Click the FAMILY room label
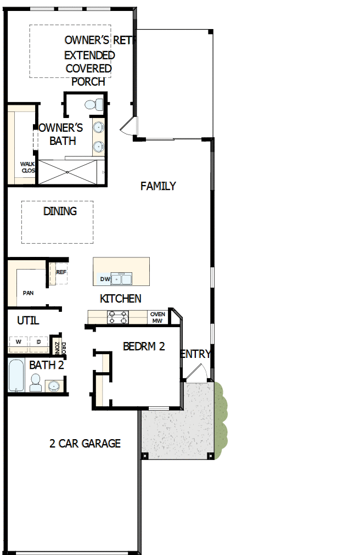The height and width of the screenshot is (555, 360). [x=158, y=186]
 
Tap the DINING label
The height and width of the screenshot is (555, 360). [x=60, y=211]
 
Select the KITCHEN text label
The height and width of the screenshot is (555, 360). [x=121, y=299]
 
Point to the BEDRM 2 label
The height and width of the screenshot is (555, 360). [x=144, y=346]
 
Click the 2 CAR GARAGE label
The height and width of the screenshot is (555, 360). [x=85, y=444]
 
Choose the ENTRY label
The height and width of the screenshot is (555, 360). [x=195, y=354]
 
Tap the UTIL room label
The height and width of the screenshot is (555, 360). [x=28, y=321]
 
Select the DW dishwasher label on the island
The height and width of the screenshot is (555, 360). [x=104, y=279]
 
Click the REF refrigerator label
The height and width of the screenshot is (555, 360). [x=61, y=272]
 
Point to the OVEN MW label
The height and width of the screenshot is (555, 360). [x=157, y=317]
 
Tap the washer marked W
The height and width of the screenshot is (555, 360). [x=18, y=342]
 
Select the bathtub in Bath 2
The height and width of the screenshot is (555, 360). [x=16, y=376]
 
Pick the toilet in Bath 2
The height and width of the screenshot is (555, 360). [x=36, y=383]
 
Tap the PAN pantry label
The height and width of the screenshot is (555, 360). [x=28, y=293]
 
